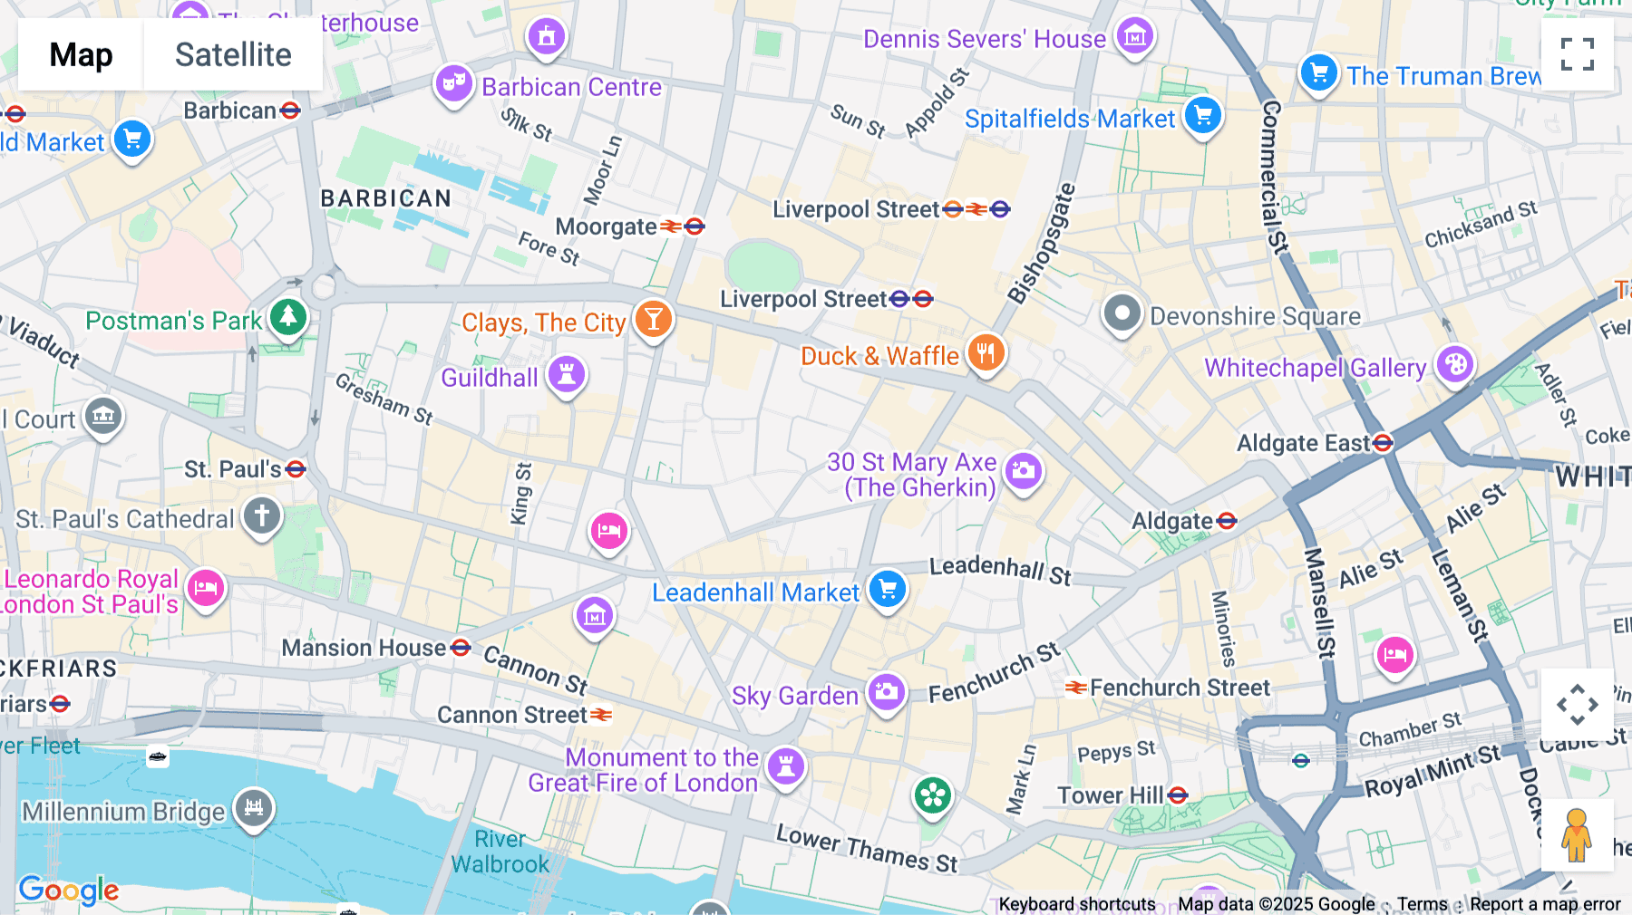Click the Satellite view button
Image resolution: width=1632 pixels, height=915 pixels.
(233, 55)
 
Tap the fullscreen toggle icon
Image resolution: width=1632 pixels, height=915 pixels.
(1577, 54)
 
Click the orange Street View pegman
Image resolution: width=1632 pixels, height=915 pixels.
(1577, 835)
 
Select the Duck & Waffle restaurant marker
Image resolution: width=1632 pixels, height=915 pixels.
(986, 352)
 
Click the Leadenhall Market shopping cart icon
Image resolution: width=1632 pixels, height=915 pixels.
(888, 590)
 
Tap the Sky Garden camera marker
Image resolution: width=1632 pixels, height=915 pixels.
(886, 693)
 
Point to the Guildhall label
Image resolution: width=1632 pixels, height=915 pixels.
(490, 378)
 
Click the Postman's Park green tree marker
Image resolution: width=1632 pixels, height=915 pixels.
(288, 316)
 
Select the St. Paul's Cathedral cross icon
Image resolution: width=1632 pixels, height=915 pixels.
(262, 515)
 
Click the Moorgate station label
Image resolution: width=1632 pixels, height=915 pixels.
(606, 226)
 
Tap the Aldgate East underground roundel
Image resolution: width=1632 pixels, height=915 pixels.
(1383, 442)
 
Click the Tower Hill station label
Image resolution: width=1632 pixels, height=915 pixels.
(1110, 795)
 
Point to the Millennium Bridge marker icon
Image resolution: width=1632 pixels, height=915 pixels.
(254, 807)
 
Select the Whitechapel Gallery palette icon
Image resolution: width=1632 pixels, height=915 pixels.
(1455, 364)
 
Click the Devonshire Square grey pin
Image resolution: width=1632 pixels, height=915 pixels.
(1122, 313)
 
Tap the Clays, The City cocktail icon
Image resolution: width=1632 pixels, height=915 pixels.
(653, 319)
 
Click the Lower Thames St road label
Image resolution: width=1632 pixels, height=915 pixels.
(867, 848)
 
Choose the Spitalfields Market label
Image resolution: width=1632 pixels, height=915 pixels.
(1069, 119)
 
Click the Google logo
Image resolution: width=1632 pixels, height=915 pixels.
(69, 891)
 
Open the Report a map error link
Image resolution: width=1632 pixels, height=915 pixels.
(1545, 904)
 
